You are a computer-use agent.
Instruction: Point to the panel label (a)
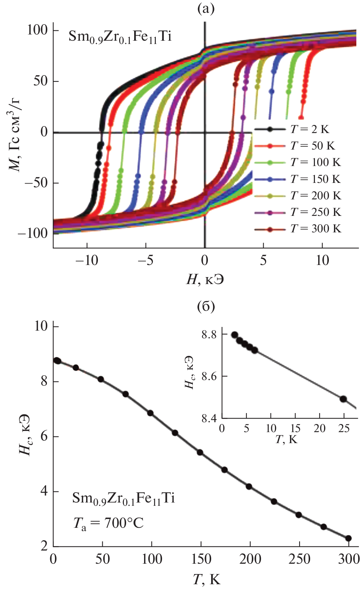tap(206, 8)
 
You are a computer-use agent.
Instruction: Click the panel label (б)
tap(206, 306)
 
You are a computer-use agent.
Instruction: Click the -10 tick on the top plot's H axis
tap(87, 261)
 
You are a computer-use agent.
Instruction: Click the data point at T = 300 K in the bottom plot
tap(348, 538)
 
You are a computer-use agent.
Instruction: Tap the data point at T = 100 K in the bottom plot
tap(150, 413)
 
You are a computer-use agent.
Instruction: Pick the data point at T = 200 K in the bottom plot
tap(249, 487)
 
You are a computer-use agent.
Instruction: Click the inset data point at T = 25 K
tap(343, 399)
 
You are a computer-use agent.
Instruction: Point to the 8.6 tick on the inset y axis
tap(209, 376)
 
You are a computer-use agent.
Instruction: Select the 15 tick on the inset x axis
tap(295, 428)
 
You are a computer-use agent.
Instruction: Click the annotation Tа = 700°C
tap(108, 523)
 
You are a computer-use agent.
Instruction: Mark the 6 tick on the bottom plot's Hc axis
tap(44, 437)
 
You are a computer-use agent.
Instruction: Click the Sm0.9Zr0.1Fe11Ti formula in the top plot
tap(120, 37)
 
